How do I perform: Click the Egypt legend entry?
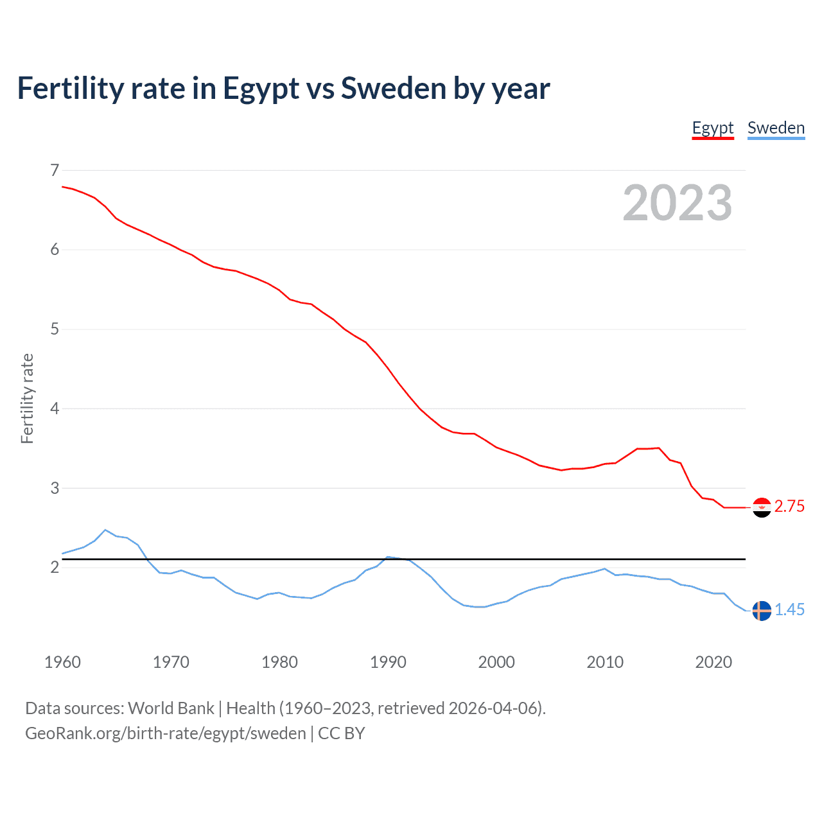click(x=712, y=128)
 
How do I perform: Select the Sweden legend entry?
click(x=776, y=128)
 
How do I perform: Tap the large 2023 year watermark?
click(x=677, y=203)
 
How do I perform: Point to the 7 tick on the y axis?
click(x=55, y=170)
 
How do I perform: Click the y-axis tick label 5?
click(x=55, y=329)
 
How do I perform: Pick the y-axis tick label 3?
click(x=55, y=488)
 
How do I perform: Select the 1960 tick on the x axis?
click(x=62, y=662)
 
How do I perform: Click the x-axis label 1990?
click(x=388, y=662)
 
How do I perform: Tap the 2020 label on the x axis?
click(x=713, y=662)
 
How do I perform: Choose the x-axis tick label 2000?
click(x=496, y=662)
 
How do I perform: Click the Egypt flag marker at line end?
click(x=762, y=507)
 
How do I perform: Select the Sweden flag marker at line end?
click(x=762, y=611)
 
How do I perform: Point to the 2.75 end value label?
click(x=789, y=507)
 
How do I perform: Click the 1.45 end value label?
click(x=789, y=610)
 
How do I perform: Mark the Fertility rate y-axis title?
click(x=27, y=398)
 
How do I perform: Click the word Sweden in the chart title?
click(x=392, y=89)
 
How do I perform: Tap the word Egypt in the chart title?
click(x=261, y=89)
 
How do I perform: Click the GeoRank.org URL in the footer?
click(x=166, y=733)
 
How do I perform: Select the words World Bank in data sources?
click(x=171, y=708)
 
